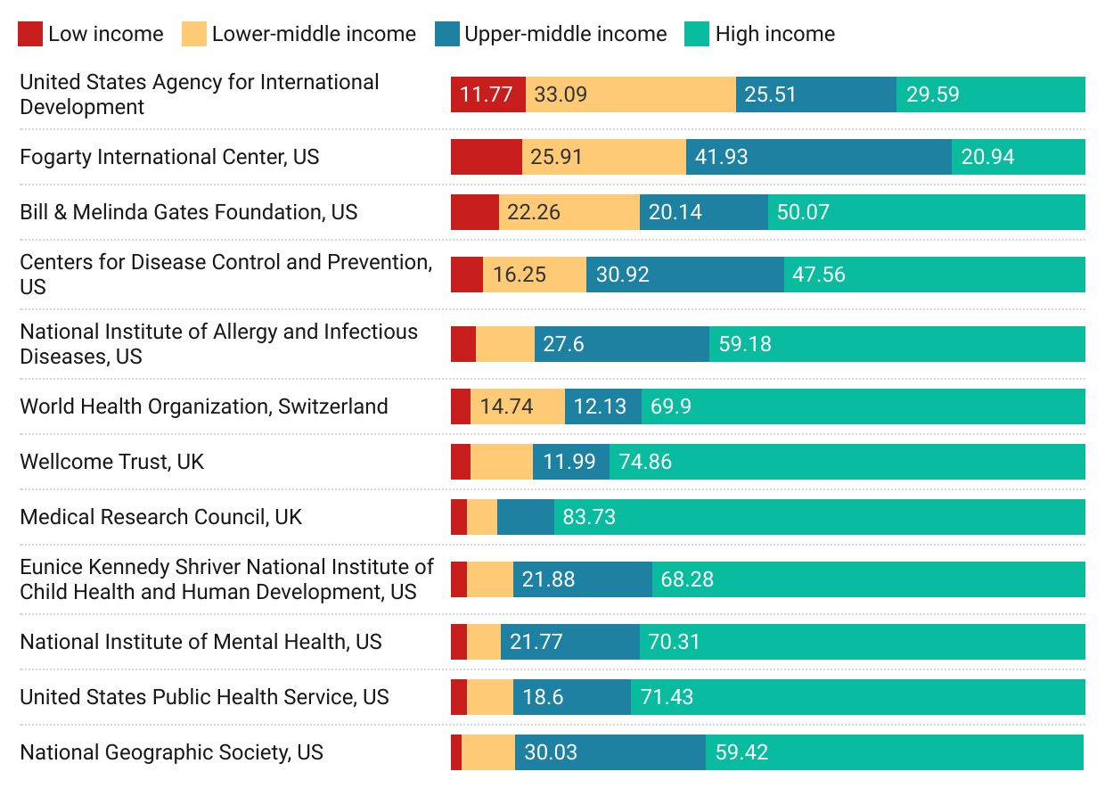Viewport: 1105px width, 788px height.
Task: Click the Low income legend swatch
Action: (x=30, y=35)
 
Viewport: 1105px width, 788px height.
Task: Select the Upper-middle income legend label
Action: (x=565, y=35)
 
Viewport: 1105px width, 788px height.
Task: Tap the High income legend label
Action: (x=774, y=35)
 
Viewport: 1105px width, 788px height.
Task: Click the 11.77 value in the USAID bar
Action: (x=487, y=94)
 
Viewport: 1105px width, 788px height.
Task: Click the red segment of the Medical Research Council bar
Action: (x=459, y=517)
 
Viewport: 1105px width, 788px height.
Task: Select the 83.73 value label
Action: (x=589, y=517)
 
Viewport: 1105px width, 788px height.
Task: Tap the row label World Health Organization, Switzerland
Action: (x=204, y=406)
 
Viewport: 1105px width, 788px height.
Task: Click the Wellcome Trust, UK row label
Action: (x=112, y=462)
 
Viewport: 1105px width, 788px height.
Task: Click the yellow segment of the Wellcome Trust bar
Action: (x=502, y=462)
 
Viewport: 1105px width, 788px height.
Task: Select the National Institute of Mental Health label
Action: (x=201, y=642)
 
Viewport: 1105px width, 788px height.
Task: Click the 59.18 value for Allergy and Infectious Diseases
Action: (x=745, y=344)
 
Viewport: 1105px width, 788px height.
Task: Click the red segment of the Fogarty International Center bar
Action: (x=487, y=157)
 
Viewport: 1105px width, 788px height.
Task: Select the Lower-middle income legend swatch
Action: (x=194, y=35)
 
